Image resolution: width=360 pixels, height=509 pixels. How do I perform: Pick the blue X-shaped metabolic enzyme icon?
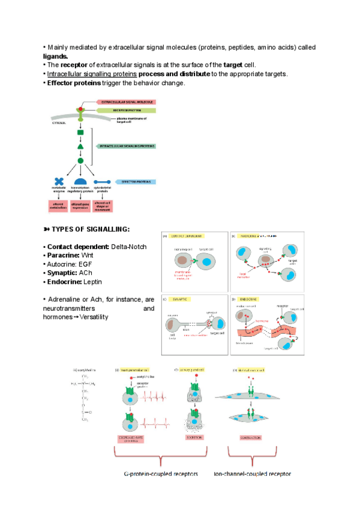[x=59, y=182]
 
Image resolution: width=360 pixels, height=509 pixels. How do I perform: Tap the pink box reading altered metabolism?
[x=59, y=206]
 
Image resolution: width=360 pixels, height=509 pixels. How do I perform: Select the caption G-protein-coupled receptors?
[x=160, y=474]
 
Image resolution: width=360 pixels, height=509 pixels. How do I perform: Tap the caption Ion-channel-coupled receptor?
[x=252, y=474]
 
